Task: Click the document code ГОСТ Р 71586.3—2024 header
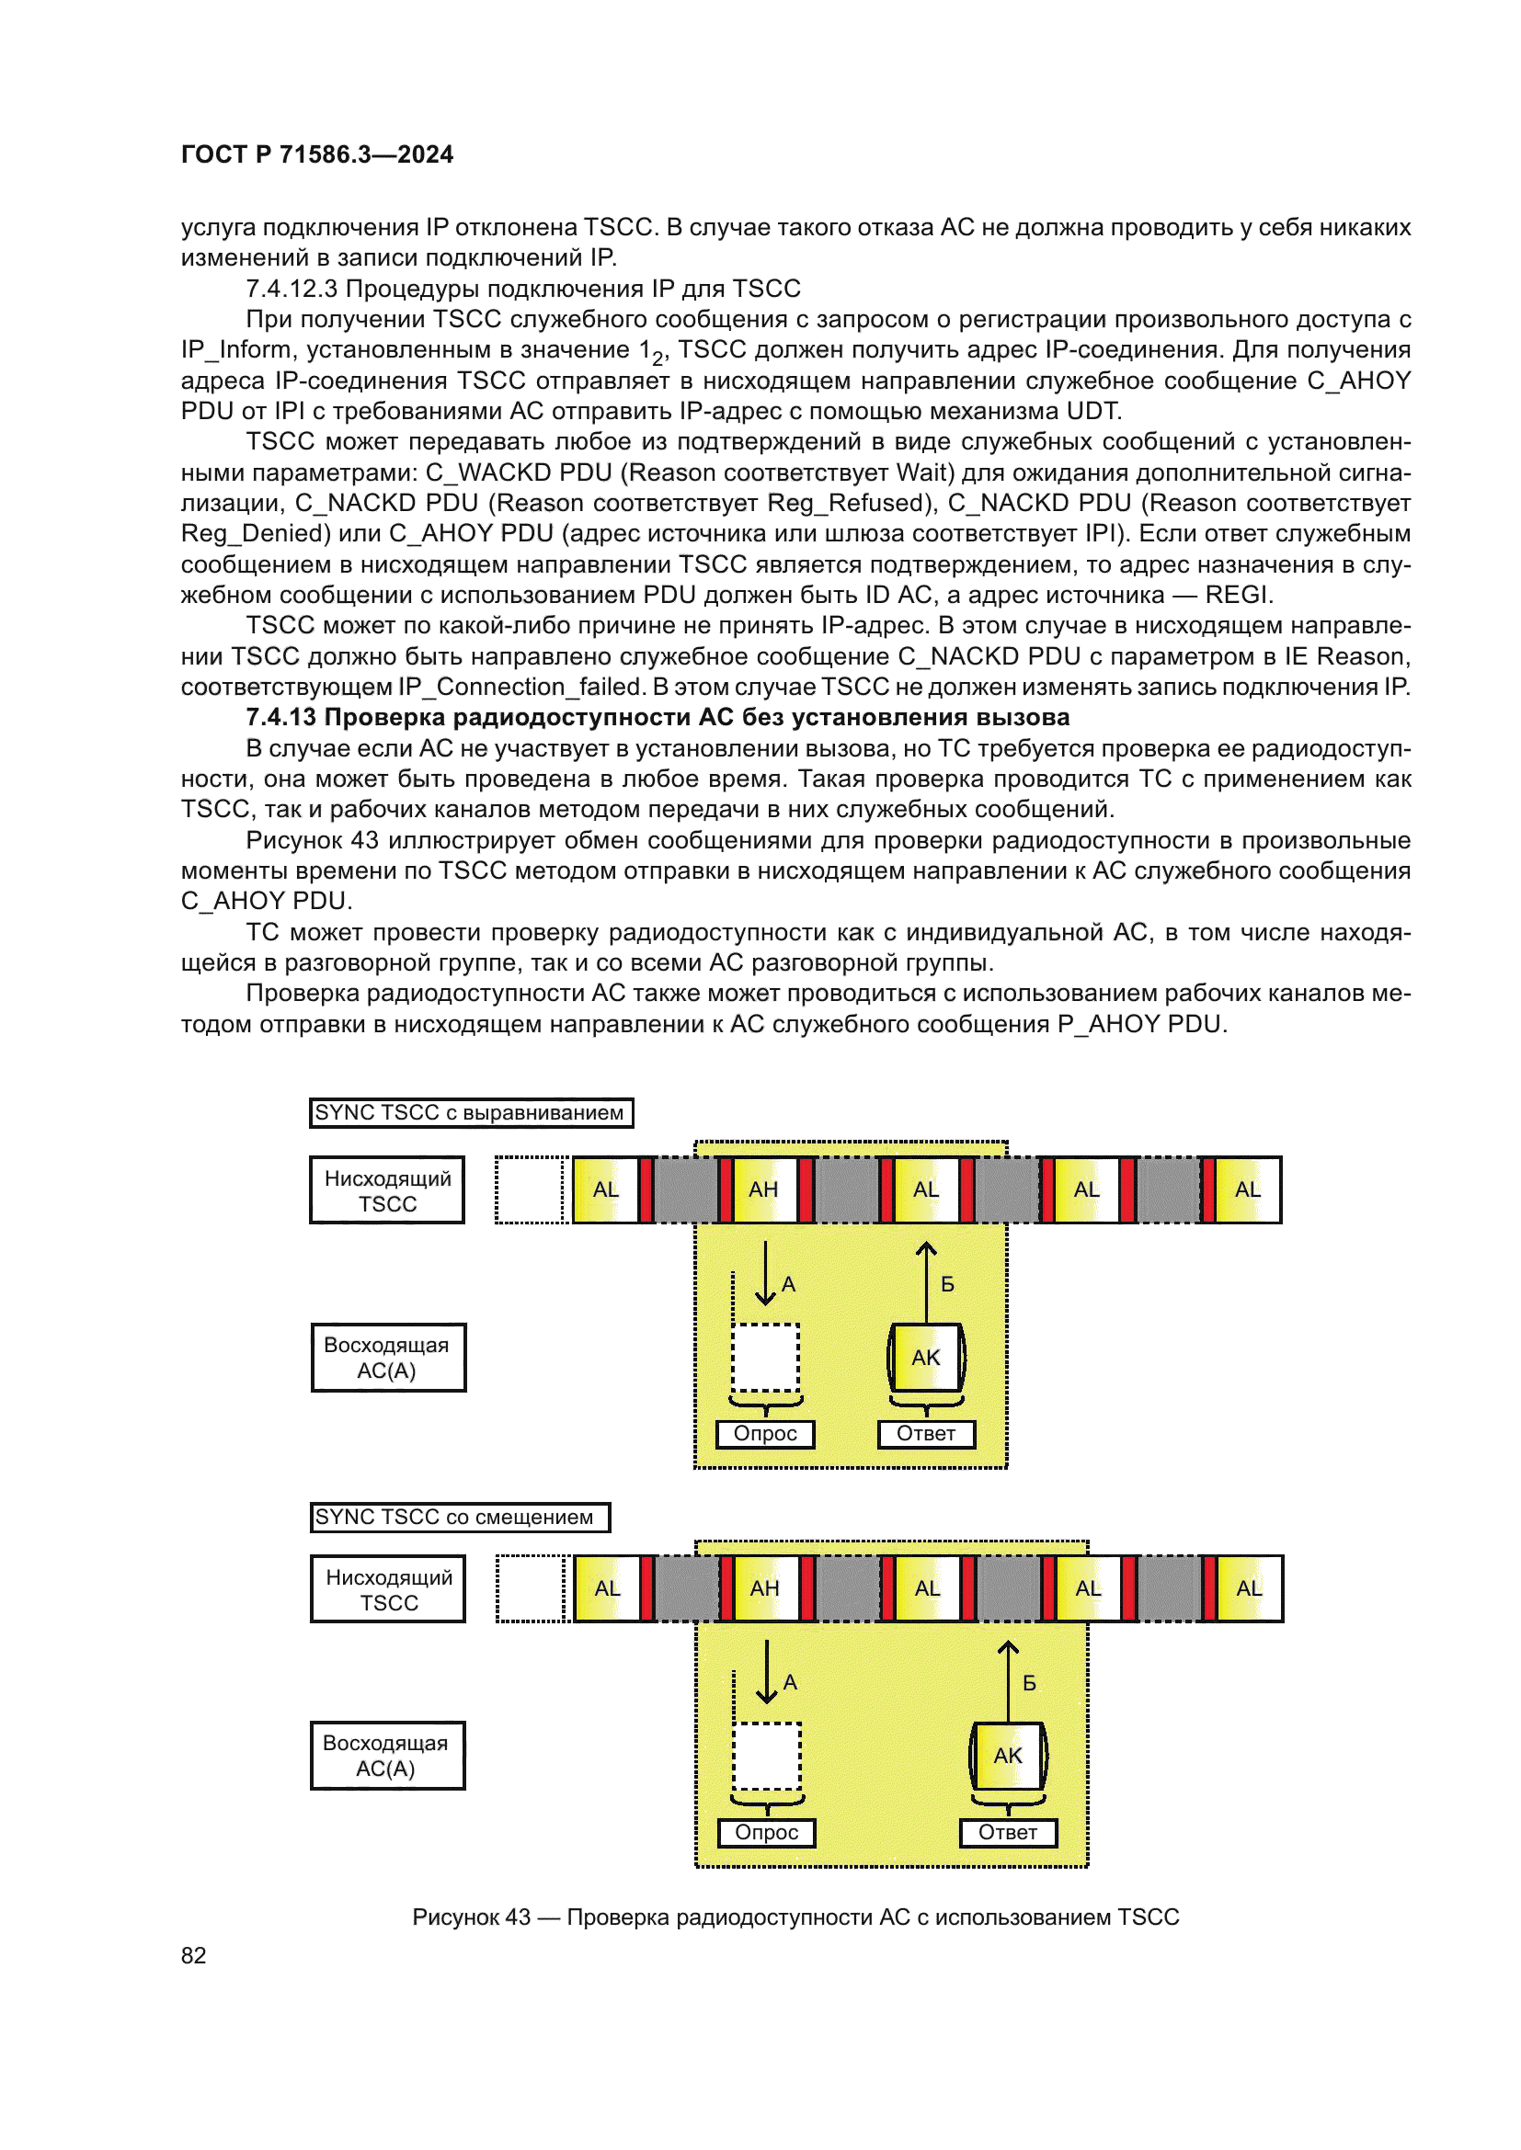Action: click(316, 154)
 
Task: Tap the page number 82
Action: click(193, 1955)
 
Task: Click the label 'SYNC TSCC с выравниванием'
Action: click(471, 1112)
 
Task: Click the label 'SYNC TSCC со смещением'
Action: click(459, 1517)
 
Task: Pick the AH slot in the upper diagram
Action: click(763, 1189)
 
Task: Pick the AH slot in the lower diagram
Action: click(765, 1588)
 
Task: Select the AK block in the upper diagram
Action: click(925, 1358)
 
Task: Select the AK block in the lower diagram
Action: click(1008, 1756)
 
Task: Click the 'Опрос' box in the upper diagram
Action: click(765, 1434)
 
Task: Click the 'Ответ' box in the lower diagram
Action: click(1008, 1833)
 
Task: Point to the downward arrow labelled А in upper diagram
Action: click(765, 1273)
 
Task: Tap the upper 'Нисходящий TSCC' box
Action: click(387, 1190)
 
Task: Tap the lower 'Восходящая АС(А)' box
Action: click(387, 1756)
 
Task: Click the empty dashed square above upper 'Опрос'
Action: click(765, 1358)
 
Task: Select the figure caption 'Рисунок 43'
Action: click(795, 1917)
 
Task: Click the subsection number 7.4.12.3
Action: click(292, 289)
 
